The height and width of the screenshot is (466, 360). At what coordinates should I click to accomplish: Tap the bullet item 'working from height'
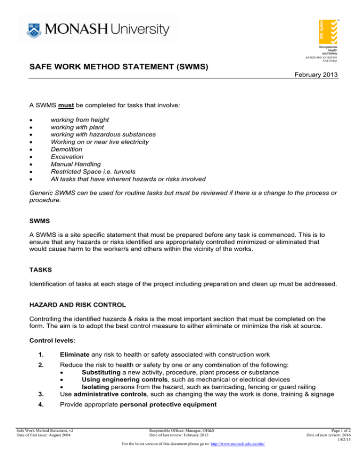[x=80, y=120]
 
